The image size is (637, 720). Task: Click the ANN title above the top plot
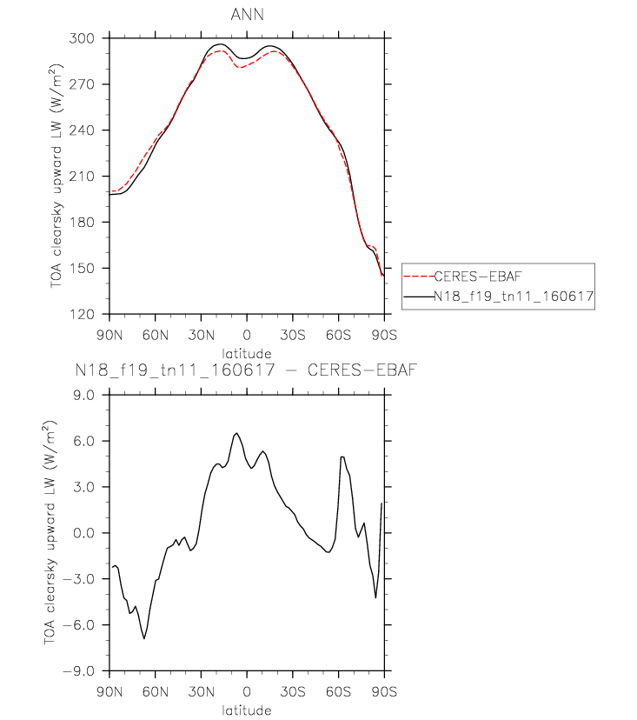click(247, 15)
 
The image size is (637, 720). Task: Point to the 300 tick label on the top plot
click(82, 38)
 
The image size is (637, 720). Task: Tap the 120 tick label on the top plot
click(82, 315)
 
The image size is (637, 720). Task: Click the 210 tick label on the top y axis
click(82, 177)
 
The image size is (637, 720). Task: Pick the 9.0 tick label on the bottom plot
click(83, 395)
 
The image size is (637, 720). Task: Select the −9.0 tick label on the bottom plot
click(78, 671)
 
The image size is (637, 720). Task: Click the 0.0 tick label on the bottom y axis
click(83, 533)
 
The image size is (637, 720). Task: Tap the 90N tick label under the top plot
click(109, 335)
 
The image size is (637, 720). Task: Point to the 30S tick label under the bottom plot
click(293, 692)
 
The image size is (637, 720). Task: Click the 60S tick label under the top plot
click(339, 335)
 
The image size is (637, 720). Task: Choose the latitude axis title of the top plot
click(247, 354)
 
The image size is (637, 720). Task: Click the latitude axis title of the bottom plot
click(247, 710)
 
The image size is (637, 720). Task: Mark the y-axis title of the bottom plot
click(50, 532)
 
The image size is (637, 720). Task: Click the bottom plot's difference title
click(247, 370)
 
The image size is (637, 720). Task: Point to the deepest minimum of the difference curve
click(144, 638)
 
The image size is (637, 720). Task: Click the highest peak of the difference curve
click(236, 433)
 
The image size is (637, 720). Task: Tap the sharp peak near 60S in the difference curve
click(342, 457)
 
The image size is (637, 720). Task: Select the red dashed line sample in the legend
click(419, 277)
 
